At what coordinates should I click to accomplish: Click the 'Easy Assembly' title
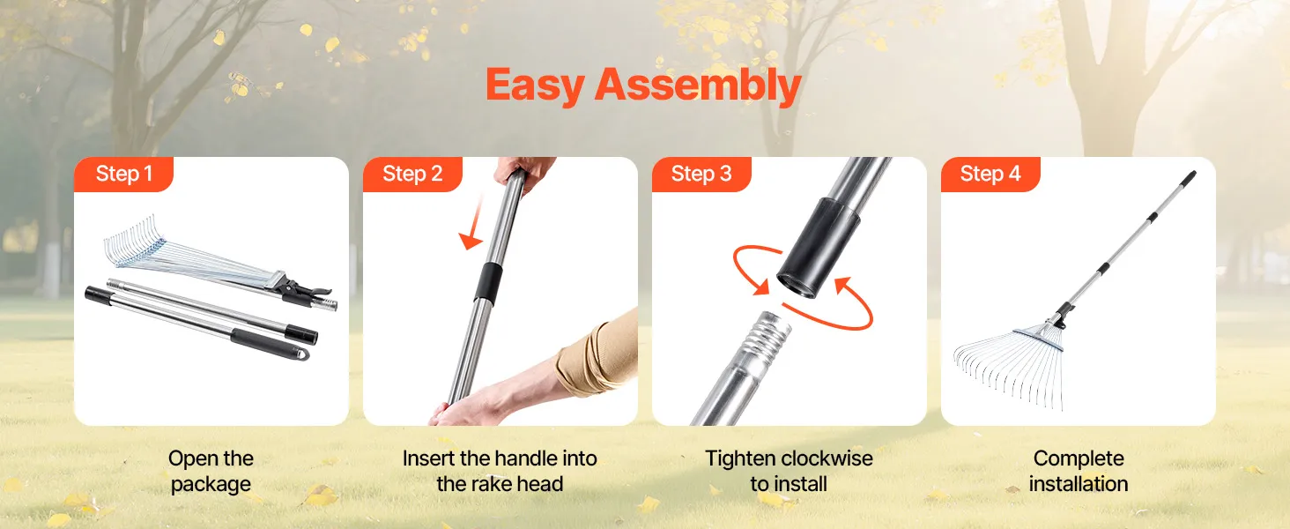[643, 86]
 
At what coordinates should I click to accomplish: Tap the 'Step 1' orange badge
[124, 174]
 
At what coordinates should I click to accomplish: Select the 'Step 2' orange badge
[412, 174]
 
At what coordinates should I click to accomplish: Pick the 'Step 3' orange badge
[701, 174]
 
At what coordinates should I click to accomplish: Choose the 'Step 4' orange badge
[990, 174]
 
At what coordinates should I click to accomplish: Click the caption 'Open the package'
[211, 472]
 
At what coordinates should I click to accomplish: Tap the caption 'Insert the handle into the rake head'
[500, 472]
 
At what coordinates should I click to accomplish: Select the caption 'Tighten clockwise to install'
[789, 472]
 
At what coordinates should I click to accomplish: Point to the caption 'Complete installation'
[1078, 472]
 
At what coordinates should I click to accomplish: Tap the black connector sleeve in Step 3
[818, 248]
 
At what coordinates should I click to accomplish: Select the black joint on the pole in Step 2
[488, 282]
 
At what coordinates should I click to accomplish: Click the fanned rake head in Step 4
[1008, 366]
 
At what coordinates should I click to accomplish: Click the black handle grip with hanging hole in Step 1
[271, 345]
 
